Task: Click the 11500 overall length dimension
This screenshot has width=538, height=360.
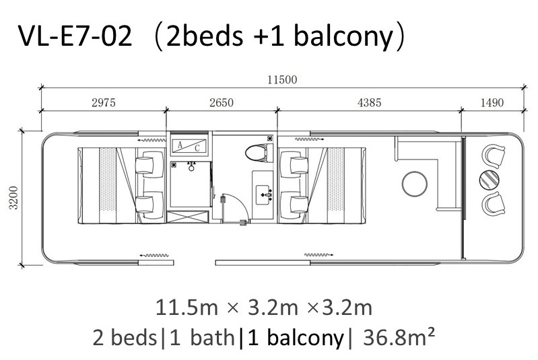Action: pos(282,80)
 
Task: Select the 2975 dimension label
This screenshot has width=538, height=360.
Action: pos(104,102)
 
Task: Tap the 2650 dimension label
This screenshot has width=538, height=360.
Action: pos(222,102)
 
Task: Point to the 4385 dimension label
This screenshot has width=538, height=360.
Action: pos(369,102)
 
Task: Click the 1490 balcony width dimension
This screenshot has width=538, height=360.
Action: pos(492,102)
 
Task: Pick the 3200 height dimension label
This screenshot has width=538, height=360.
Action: pos(13,197)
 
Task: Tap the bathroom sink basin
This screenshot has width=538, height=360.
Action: pos(264,194)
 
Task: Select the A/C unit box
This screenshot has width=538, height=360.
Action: pos(189,146)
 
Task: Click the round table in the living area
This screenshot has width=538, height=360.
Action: pos(415,184)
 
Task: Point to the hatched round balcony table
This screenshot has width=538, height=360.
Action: pos(489,180)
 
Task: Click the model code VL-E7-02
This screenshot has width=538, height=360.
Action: pos(75,36)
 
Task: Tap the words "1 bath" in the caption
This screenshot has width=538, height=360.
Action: pos(202,337)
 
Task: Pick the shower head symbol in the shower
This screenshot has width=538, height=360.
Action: pos(191,167)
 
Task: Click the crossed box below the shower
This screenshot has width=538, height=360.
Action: pos(187,217)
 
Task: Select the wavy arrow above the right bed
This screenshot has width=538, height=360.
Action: pos(310,139)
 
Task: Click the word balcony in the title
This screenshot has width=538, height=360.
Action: pos(343,36)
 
